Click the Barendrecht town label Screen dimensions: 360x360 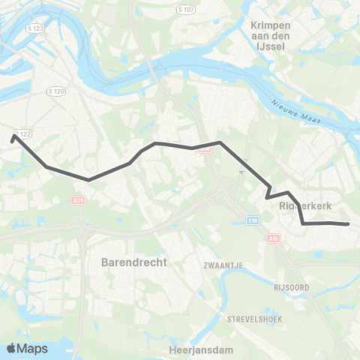tap(134, 263)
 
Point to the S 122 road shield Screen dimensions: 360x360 tap(25, 133)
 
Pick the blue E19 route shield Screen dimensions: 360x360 tap(253, 220)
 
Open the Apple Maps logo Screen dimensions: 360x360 tap(27, 349)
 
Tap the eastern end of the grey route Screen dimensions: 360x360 tap(348, 224)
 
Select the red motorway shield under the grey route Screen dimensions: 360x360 tap(203, 149)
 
